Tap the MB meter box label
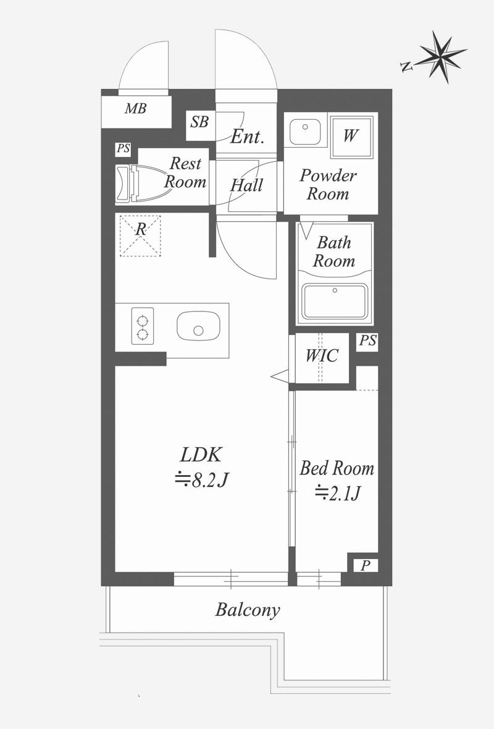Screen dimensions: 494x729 (x=136, y=109)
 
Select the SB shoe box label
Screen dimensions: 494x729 (x=199, y=122)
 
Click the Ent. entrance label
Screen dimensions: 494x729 (x=247, y=137)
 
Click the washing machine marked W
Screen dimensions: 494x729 (x=351, y=137)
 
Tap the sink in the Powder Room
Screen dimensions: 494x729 (x=305, y=132)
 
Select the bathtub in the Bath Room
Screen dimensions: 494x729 (x=334, y=301)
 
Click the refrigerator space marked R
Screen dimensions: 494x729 (x=140, y=236)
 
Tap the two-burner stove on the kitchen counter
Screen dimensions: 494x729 (x=143, y=326)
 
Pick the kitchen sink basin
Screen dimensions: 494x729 (x=198, y=326)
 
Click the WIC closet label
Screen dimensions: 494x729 (x=322, y=356)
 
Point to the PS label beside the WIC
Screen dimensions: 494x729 (x=367, y=341)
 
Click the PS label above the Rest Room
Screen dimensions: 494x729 (x=123, y=149)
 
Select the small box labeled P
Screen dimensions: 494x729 (x=366, y=565)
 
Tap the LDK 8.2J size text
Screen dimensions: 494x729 (x=201, y=479)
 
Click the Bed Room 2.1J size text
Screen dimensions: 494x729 (x=337, y=493)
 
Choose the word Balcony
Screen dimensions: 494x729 (x=248, y=610)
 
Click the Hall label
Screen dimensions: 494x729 (x=247, y=185)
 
